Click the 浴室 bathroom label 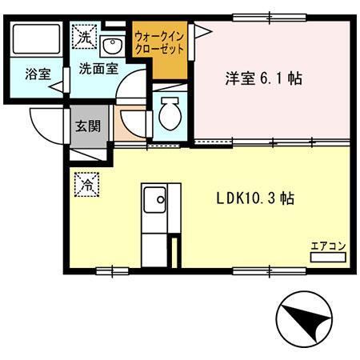38,74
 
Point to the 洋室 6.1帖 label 265,78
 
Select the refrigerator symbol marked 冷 86,185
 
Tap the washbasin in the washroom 112,43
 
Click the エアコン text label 328,246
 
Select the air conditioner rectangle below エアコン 328,258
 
